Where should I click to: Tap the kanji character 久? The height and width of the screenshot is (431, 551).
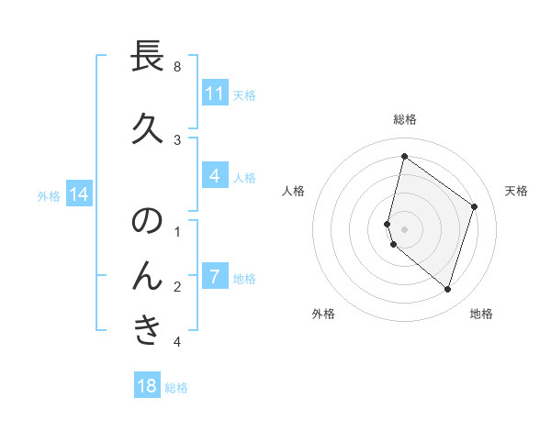click(148, 129)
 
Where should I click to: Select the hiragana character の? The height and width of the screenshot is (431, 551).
click(148, 222)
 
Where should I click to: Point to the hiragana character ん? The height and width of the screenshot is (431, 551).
click(148, 275)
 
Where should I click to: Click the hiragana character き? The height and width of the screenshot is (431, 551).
click(148, 329)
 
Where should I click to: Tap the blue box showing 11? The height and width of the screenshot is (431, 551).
click(214, 94)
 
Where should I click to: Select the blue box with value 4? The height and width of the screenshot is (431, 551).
click(214, 176)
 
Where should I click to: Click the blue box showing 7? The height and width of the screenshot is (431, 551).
click(214, 276)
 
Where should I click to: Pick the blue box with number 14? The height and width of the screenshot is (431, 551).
click(79, 194)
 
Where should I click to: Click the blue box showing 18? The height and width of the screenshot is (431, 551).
click(147, 386)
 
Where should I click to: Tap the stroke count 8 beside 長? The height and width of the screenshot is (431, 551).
click(177, 67)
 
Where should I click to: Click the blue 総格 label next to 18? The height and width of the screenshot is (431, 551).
click(176, 388)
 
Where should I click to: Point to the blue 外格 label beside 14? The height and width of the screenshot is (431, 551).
click(49, 195)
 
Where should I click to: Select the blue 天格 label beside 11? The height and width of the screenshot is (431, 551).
click(244, 94)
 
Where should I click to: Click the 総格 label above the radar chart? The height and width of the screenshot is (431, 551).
click(405, 119)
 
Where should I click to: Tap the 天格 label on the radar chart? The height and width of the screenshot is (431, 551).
click(517, 191)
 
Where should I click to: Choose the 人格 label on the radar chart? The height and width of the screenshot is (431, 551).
click(293, 191)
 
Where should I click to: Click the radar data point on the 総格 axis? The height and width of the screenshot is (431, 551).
click(404, 156)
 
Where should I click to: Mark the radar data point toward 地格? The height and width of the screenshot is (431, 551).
click(447, 289)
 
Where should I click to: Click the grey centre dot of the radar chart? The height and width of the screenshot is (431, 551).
click(405, 228)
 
